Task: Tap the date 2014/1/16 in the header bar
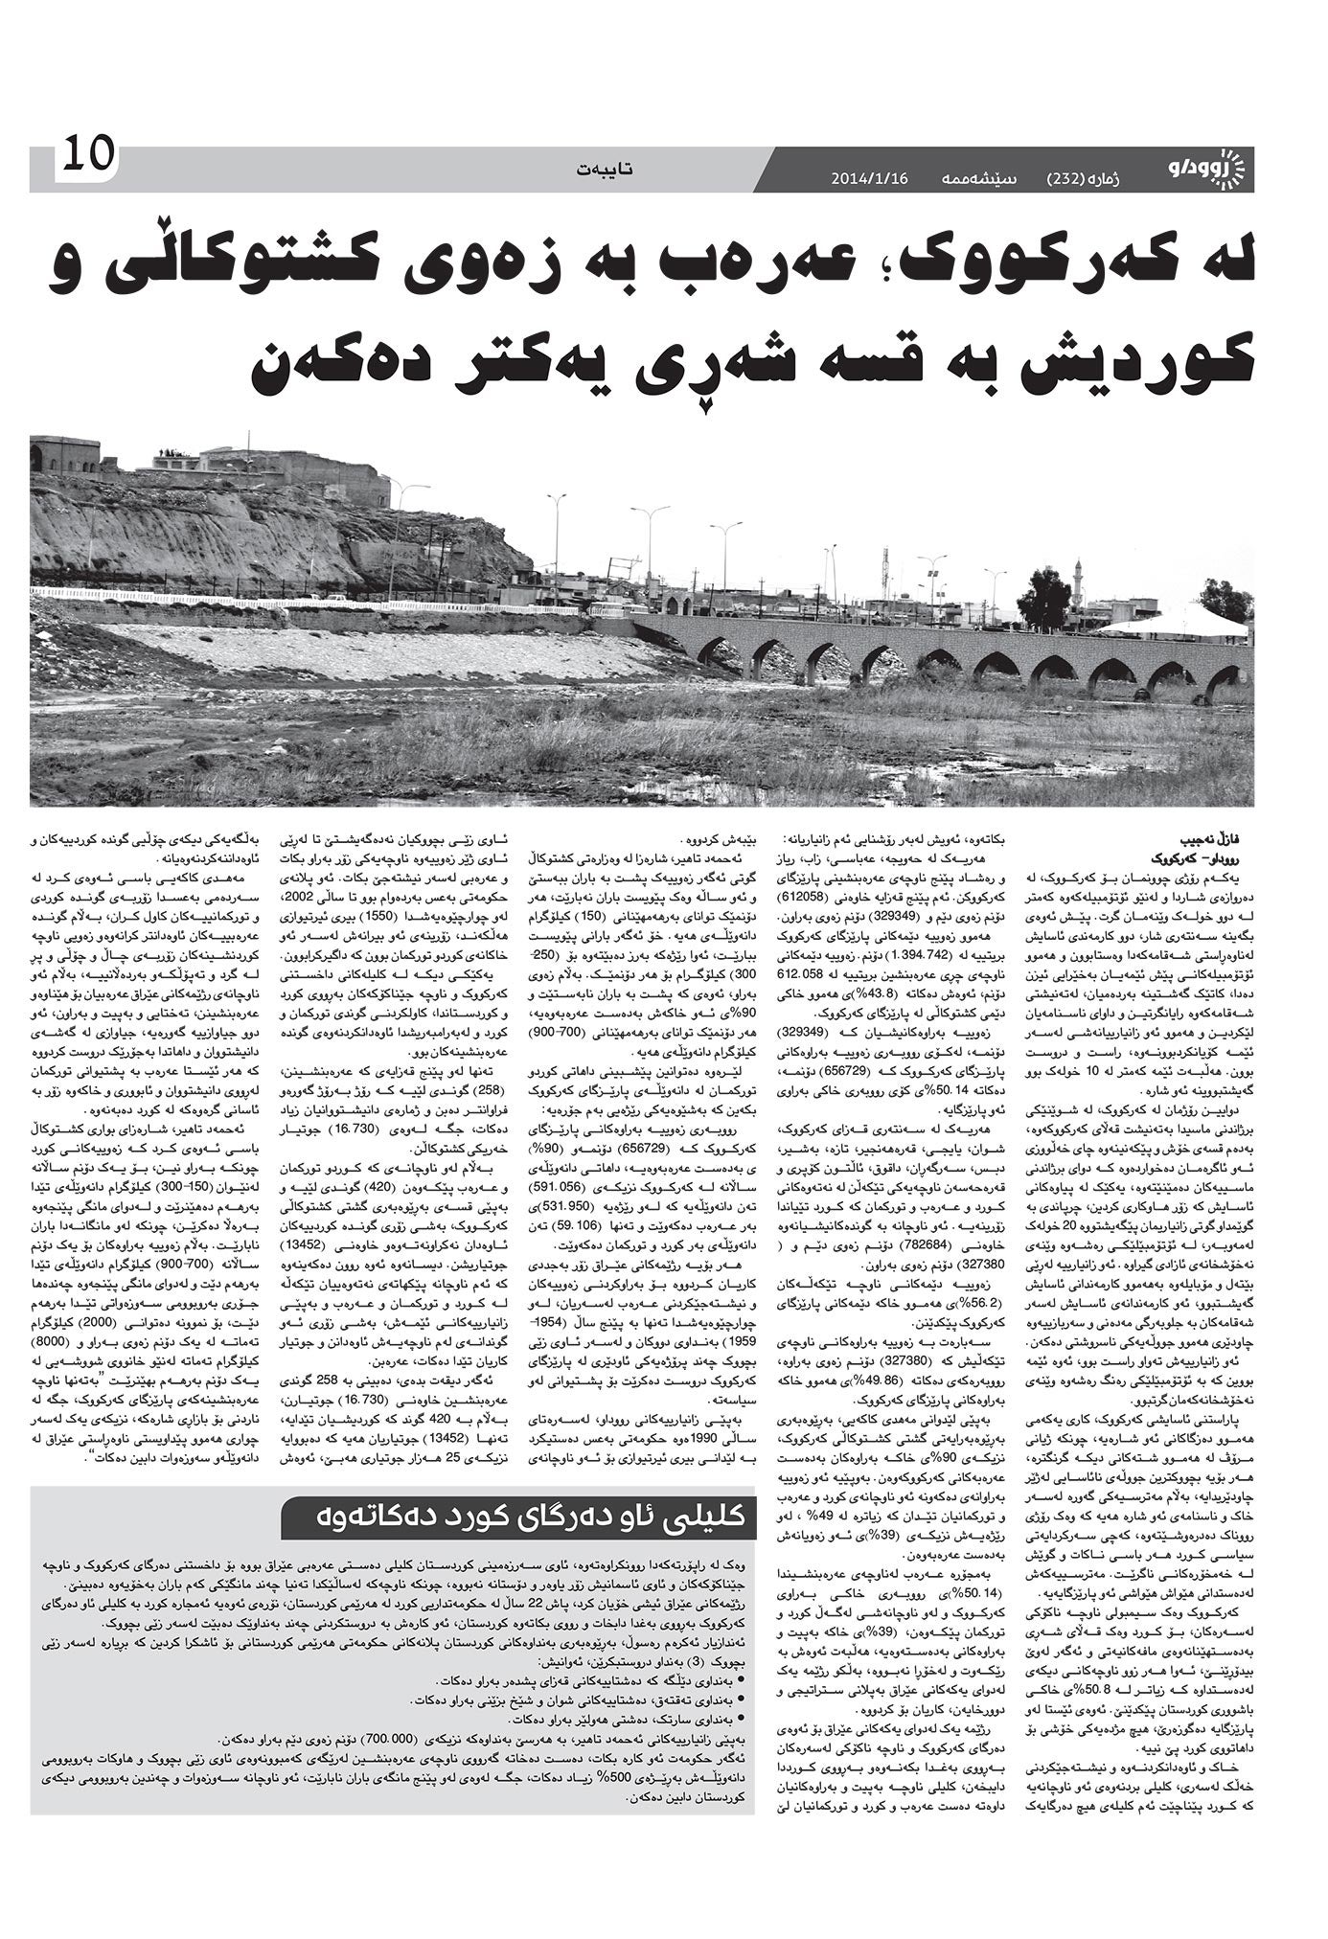[x=869, y=178]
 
